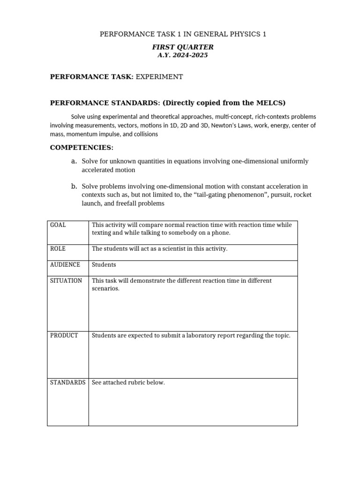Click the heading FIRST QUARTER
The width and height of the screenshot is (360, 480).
pos(183,47)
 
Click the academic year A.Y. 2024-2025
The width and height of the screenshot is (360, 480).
pos(183,55)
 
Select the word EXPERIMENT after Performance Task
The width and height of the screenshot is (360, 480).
pos(159,77)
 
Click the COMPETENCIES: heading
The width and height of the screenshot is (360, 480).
pos(82,148)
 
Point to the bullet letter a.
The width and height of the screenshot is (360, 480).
pos(74,161)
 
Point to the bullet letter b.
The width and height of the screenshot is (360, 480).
pos(74,186)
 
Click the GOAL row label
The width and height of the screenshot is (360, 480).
pos(58,225)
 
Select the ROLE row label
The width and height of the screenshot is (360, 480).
pos(58,249)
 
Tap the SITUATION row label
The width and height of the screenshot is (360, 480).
pos(66,281)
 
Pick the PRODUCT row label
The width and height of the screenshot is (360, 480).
pos(64,336)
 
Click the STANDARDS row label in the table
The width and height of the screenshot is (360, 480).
pos(67,382)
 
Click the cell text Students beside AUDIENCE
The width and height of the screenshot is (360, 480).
pos(104,265)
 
